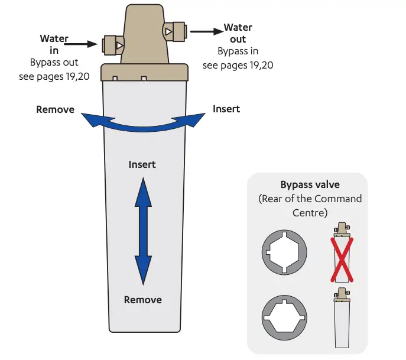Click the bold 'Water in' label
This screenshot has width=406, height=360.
54,44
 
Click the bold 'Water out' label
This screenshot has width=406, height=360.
238,34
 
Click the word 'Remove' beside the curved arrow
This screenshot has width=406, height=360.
55,109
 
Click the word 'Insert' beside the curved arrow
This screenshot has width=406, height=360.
226,109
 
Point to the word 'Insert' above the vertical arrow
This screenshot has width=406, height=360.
142,164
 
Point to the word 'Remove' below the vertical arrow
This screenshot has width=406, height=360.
142,300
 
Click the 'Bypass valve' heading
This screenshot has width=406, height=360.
310,185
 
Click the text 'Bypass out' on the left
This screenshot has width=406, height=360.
54,62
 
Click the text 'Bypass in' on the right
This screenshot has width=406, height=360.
238,51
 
